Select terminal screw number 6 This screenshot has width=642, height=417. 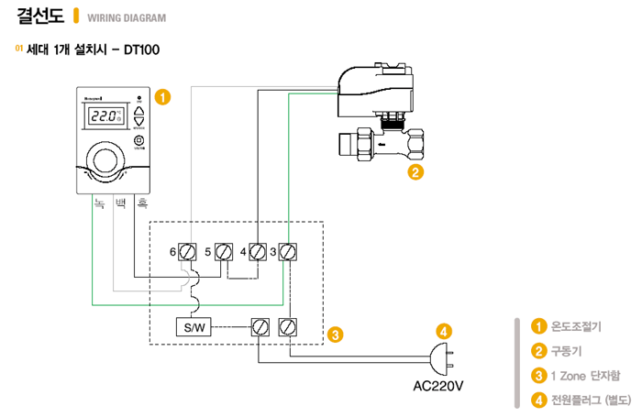click(188, 251)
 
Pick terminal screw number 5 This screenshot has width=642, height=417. click(224, 251)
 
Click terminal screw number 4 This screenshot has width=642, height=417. click(258, 251)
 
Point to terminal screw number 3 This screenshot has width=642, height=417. click(288, 251)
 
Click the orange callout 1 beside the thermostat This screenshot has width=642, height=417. click(162, 95)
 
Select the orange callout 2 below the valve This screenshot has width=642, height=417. click(415, 170)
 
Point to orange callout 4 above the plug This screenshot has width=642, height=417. click(444, 330)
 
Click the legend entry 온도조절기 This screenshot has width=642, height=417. click(575, 326)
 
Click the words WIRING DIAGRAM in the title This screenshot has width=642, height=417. click(127, 18)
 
